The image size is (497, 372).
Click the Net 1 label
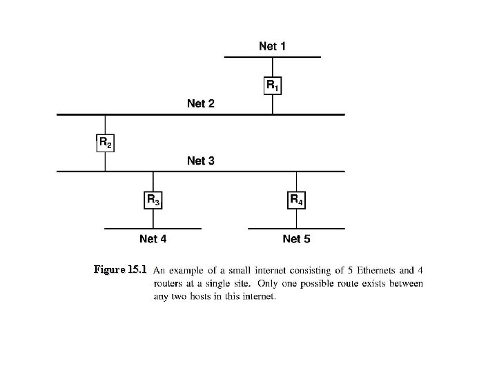272,46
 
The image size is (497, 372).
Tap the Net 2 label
200,103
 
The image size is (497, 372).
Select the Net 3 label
200,161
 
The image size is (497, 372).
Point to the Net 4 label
153,239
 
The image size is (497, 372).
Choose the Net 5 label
296,239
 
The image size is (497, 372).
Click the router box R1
273,85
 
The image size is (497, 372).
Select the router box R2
105,143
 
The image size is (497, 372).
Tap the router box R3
153,200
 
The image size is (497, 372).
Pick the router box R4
296,200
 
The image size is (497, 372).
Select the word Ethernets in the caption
355,269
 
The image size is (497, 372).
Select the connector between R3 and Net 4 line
153,218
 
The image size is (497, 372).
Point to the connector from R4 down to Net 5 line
296,218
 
